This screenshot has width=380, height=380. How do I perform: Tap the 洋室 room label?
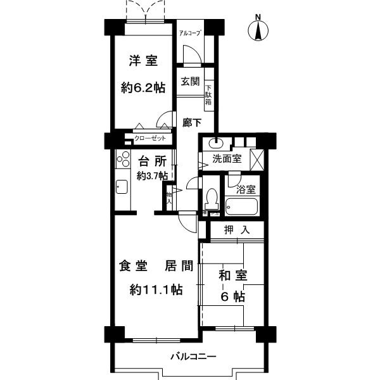click(x=143, y=61)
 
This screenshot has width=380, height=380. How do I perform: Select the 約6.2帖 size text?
click(x=143, y=88)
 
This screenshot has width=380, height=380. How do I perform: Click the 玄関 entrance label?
click(x=189, y=81)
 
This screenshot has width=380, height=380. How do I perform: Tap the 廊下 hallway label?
click(x=193, y=123)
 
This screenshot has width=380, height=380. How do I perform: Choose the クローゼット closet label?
click(x=151, y=138)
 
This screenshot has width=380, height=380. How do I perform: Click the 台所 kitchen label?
click(x=152, y=161)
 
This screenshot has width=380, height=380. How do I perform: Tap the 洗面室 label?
click(x=226, y=159)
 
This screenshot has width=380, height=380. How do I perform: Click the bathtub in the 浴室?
click(x=241, y=206)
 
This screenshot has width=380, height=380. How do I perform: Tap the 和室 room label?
click(x=233, y=277)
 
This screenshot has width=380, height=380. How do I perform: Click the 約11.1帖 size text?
click(x=156, y=289)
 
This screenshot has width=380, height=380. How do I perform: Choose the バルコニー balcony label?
click(x=193, y=357)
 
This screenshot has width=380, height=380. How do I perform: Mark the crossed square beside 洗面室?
click(x=257, y=157)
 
